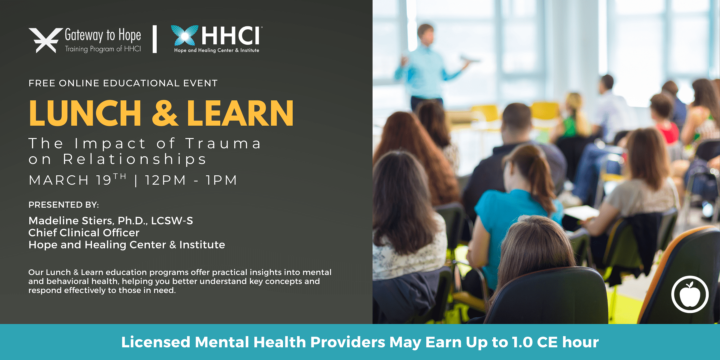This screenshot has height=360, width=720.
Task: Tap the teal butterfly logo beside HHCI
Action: (x=184, y=35)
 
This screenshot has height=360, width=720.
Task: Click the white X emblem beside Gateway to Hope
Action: (x=46, y=40)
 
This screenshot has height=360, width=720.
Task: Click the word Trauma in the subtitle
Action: (x=223, y=144)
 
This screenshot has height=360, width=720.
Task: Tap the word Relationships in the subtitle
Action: (x=135, y=159)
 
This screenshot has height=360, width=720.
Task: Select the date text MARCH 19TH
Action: (x=78, y=180)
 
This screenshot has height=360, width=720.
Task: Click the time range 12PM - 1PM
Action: (x=191, y=180)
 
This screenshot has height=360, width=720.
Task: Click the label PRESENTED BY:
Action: (x=64, y=205)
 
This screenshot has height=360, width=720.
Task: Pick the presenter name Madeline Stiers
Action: (x=70, y=221)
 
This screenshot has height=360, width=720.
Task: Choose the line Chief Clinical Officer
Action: (x=84, y=233)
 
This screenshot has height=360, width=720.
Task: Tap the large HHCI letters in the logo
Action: (x=230, y=36)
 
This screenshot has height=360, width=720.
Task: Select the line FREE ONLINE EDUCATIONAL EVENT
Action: (x=123, y=83)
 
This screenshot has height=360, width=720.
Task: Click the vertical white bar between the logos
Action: (x=155, y=39)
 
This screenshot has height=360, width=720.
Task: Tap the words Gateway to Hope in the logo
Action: (x=103, y=35)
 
